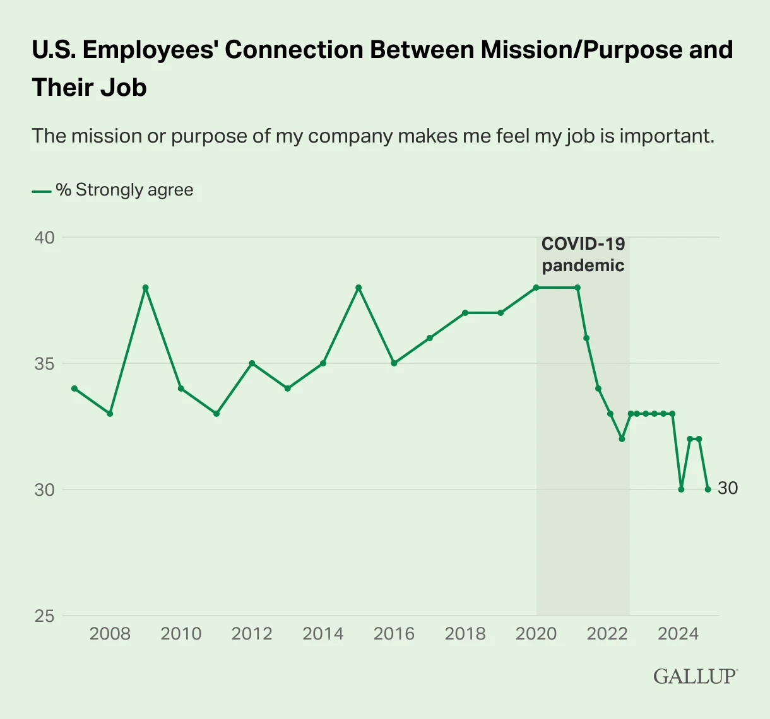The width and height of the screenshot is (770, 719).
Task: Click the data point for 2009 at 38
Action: click(x=145, y=288)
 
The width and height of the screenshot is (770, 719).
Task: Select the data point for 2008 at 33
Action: click(x=110, y=414)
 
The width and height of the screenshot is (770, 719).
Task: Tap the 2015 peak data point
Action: click(x=358, y=288)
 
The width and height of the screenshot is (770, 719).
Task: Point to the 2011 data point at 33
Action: click(x=216, y=414)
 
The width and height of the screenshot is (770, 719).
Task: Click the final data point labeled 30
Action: click(x=708, y=489)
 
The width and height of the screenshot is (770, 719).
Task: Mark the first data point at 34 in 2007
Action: click(x=74, y=389)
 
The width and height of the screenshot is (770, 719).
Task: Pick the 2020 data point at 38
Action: click(x=536, y=288)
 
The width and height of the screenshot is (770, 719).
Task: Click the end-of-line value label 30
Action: click(x=728, y=489)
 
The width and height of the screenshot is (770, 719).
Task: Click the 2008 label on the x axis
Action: click(x=110, y=634)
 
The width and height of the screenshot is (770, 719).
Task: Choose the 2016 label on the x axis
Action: click(x=394, y=634)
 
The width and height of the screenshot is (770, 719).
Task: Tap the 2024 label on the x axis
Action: click(x=678, y=634)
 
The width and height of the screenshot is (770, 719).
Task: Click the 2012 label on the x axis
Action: click(x=252, y=634)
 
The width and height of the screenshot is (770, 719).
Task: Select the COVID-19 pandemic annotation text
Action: click(x=583, y=254)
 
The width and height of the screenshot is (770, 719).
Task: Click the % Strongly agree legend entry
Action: click(x=114, y=190)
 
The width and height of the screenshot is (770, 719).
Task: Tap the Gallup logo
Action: click(x=695, y=676)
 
